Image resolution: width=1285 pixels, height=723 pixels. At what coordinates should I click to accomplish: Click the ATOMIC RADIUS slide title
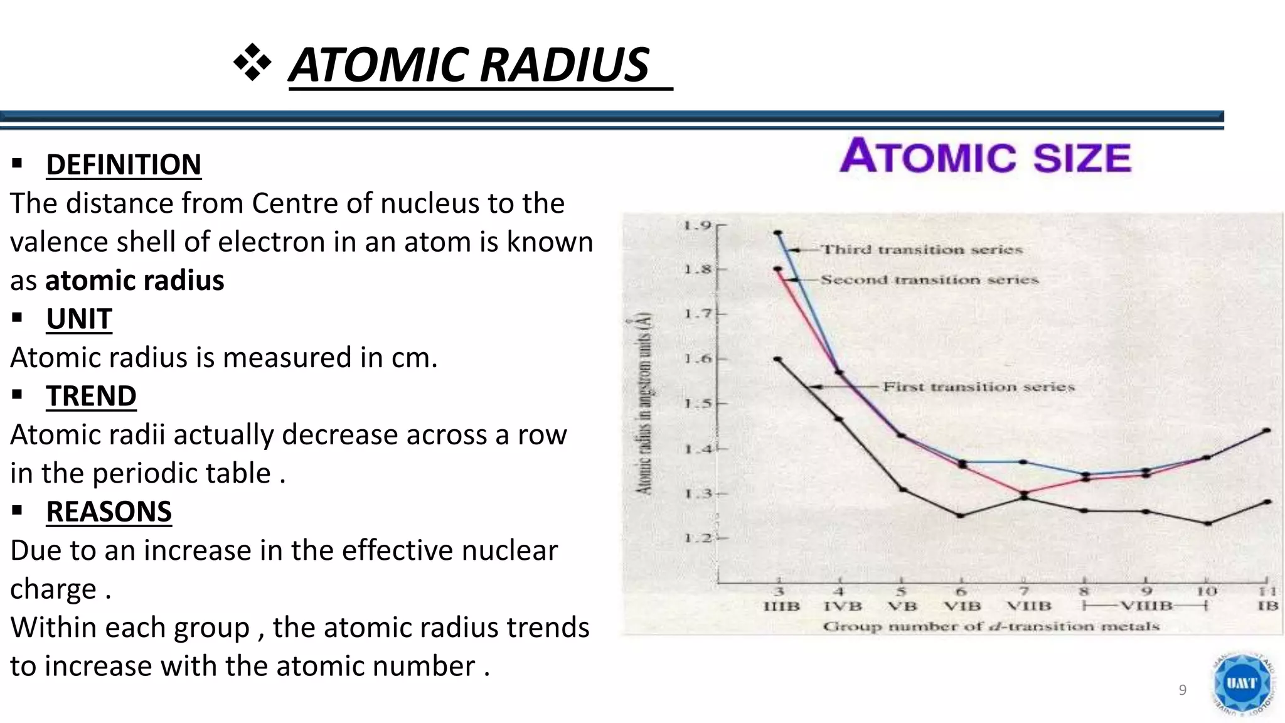point(469,65)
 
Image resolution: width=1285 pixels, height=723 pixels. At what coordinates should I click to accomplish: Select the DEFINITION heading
point(124,165)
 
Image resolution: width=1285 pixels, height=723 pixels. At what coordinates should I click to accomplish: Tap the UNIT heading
point(79,319)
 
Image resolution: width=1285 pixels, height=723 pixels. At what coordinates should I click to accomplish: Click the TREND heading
point(91,397)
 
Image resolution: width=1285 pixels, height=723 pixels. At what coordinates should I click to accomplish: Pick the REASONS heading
point(109,512)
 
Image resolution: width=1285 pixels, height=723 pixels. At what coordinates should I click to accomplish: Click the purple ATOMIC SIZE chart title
point(986,156)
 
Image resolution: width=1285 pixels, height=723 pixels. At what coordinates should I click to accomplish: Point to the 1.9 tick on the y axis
point(697,225)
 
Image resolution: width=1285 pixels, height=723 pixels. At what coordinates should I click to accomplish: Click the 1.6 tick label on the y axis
point(697,359)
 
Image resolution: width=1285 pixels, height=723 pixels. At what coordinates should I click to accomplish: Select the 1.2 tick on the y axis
point(697,538)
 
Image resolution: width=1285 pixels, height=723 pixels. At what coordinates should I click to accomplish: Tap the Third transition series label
point(922,250)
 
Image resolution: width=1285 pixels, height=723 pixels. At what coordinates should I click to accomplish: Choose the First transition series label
point(979,387)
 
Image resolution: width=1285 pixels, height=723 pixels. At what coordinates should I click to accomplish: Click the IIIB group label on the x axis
point(781,606)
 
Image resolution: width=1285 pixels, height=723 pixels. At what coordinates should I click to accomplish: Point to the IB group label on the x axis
point(1267,606)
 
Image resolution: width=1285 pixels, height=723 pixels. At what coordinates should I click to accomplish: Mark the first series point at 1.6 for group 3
point(778,359)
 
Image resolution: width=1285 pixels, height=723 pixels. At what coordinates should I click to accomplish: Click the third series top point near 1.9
point(778,233)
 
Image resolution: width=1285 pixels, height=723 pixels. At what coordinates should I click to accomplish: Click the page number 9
point(1183,690)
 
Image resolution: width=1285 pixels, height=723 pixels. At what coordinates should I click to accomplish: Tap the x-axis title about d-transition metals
point(991,626)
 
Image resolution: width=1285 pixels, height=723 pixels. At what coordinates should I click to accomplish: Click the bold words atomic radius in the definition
point(135,281)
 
